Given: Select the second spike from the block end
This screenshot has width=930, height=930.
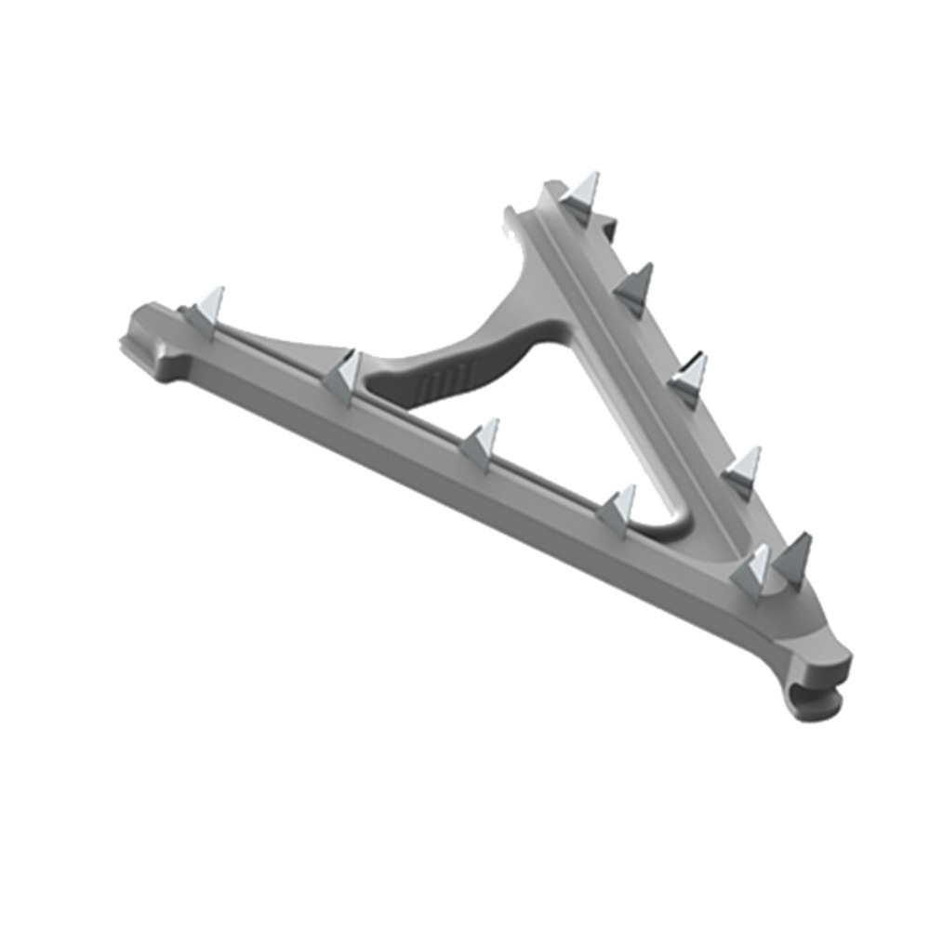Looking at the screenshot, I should click(x=344, y=375).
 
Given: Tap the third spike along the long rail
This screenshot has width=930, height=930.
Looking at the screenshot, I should click(x=481, y=443).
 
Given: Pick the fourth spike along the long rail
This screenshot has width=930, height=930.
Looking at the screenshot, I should click(x=617, y=509).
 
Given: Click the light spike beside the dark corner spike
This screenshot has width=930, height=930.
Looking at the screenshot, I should click(x=752, y=569).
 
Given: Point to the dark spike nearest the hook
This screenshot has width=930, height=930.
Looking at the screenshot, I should click(x=793, y=559).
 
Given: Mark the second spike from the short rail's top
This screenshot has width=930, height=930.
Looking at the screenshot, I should click(x=636, y=286).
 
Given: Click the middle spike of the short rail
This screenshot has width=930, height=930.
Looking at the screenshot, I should click(x=690, y=377).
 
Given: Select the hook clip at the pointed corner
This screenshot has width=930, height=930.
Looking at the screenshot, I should click(x=822, y=679).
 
